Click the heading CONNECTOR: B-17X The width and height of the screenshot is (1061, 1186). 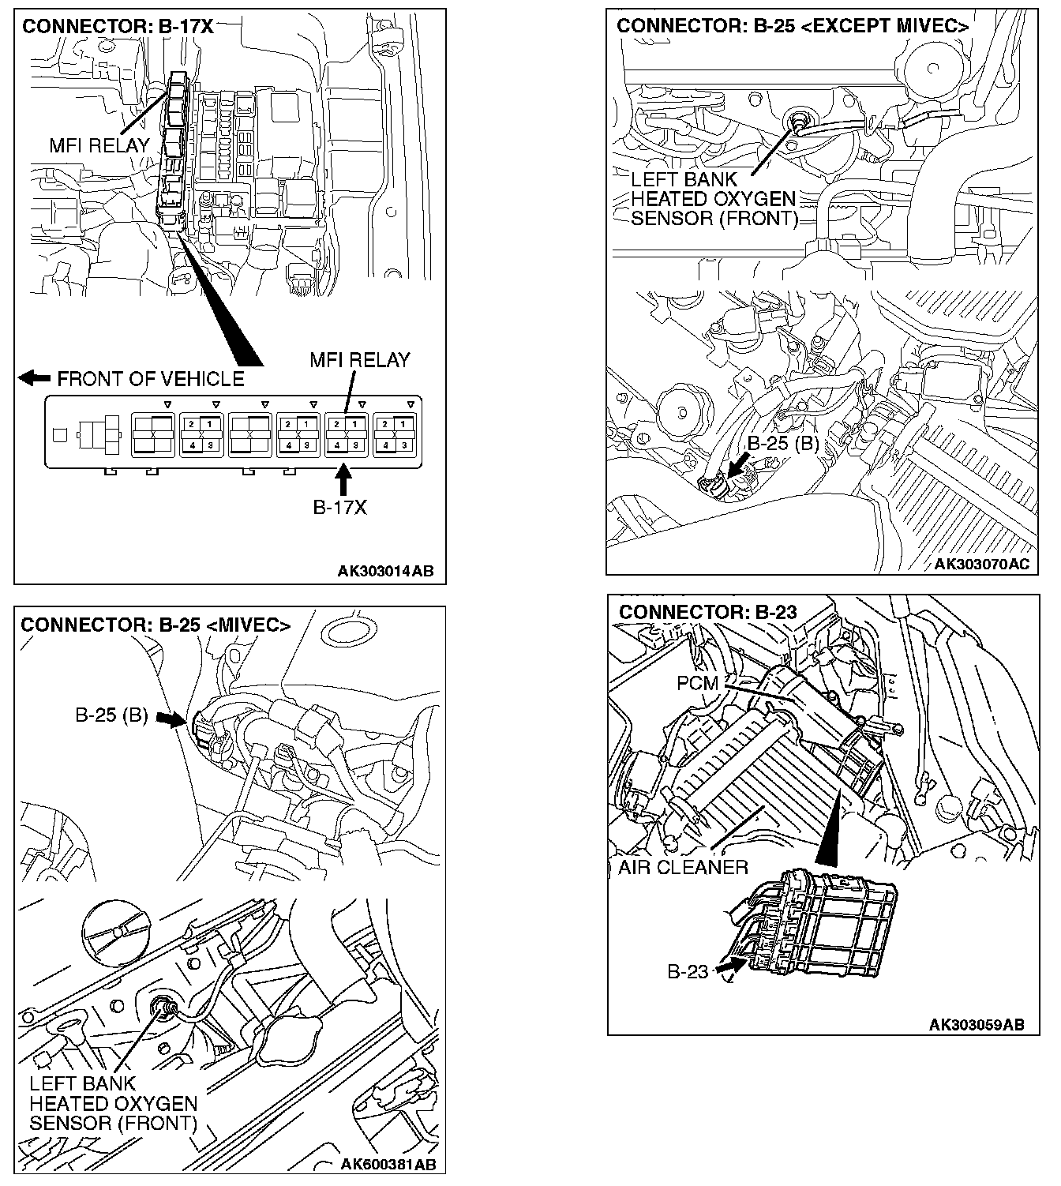pos(118,26)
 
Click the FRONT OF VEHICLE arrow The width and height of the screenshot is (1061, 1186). pos(34,378)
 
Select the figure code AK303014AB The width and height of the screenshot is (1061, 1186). pos(385,572)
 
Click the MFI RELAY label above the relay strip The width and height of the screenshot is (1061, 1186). pos(359,360)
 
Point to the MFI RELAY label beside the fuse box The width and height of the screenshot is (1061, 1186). pos(99,145)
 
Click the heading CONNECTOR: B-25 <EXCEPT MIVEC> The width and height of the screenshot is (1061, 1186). pos(793,26)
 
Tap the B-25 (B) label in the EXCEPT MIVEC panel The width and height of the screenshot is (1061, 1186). pos(782,443)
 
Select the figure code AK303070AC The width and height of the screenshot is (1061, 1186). pos(981,564)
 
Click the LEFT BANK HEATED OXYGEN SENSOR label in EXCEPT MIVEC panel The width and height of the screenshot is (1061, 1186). pos(714,199)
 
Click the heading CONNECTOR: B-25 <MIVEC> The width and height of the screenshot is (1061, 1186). pos(156,625)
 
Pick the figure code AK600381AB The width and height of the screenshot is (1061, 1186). pos(388,1165)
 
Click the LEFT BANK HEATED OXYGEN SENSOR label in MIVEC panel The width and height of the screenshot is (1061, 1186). pos(113,1103)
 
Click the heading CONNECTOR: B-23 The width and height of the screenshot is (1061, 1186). pos(707,612)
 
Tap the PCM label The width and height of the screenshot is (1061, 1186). pos(697,682)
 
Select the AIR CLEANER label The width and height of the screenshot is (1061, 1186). pos(683,867)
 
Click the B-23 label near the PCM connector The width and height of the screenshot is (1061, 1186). pos(688,971)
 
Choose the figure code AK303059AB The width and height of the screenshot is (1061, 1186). pos(977,1024)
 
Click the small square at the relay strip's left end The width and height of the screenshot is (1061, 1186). pos(59,433)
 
